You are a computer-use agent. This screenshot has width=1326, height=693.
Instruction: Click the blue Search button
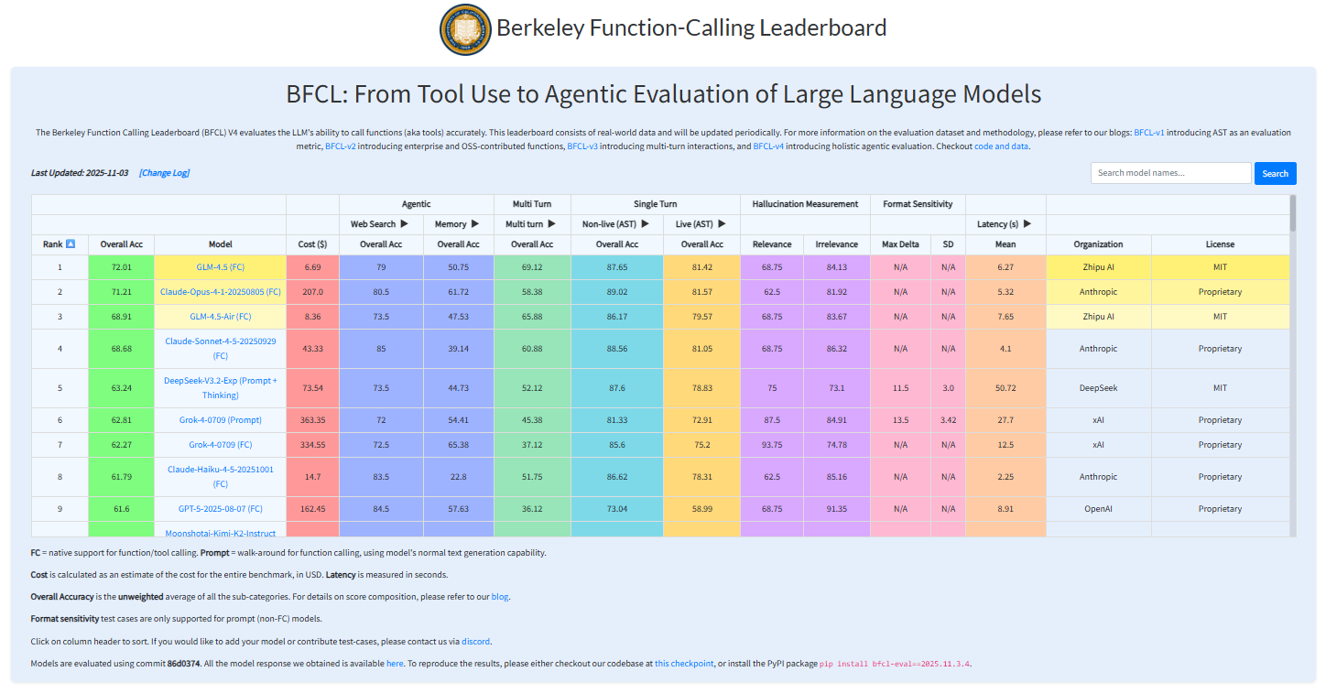pos(1275,173)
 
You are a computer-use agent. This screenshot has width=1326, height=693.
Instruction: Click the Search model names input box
pos(1170,173)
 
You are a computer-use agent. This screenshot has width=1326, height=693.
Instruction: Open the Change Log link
pos(165,173)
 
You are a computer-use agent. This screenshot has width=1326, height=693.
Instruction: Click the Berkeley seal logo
pos(464,28)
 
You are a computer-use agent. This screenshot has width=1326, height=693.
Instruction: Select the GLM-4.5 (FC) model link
pos(220,266)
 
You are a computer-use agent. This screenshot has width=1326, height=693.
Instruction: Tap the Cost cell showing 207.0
pos(312,292)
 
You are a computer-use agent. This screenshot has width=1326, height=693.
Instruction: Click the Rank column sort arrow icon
pos(71,244)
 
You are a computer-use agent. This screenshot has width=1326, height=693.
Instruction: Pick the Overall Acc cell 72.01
pos(122,266)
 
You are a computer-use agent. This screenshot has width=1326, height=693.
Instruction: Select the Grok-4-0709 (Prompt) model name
pos(220,420)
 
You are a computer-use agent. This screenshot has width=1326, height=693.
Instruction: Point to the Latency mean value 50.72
pos(1005,388)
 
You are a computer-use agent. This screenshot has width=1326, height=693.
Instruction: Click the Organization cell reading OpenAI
pos(1098,509)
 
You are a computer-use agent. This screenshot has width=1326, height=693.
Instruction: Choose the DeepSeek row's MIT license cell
pos(1220,388)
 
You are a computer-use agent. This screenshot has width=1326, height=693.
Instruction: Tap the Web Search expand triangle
pos(404,224)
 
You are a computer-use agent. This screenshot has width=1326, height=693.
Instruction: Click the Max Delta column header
pos(900,244)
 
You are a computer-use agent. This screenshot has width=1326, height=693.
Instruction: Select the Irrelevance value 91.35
pos(837,509)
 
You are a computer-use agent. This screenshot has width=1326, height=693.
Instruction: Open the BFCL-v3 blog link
pos(582,146)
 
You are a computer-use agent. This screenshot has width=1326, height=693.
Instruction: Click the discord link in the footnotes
pos(475,641)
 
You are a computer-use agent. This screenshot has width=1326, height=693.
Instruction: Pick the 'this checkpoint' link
pos(683,664)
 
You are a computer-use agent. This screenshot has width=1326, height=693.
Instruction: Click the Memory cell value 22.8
pos(458,477)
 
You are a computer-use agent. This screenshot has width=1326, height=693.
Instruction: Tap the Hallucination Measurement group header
pos(805,204)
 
